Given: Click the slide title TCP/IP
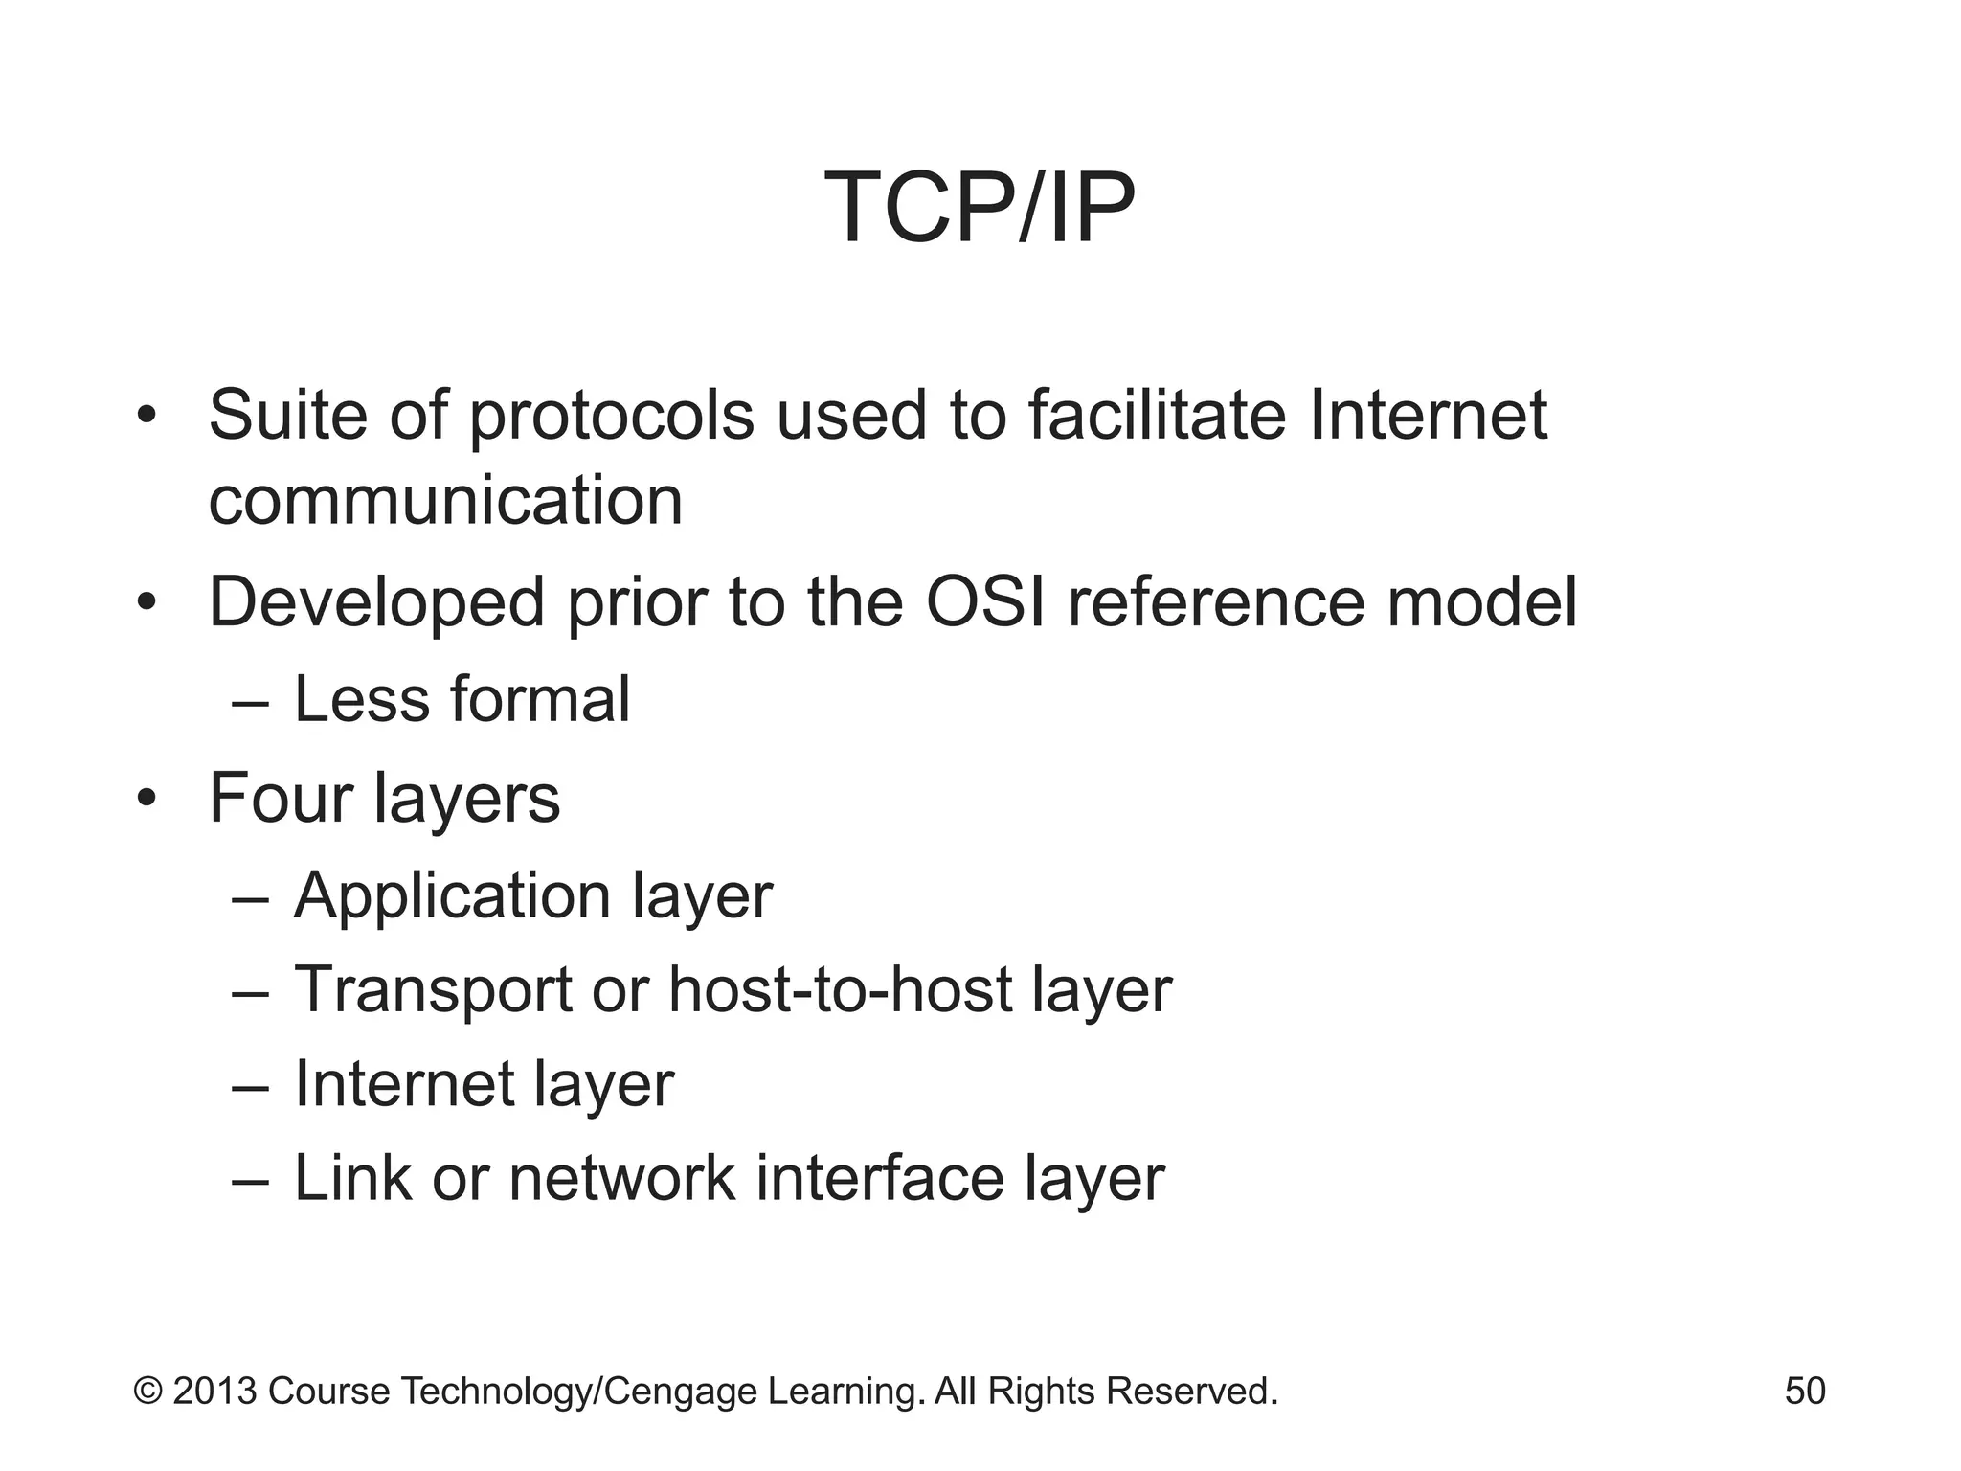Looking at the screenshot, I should (979, 208).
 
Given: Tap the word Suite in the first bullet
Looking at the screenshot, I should (288, 415).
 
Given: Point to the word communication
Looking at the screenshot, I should (445, 500).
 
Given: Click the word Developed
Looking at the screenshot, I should (376, 603).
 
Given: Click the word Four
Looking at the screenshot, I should (281, 798).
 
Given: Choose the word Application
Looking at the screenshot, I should (452, 897).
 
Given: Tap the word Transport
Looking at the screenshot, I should (433, 990).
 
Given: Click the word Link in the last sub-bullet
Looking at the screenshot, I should (351, 1178).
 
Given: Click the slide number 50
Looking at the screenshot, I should (1804, 1391).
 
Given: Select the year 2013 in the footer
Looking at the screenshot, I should (214, 1391).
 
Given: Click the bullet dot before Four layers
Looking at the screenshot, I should (145, 798).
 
